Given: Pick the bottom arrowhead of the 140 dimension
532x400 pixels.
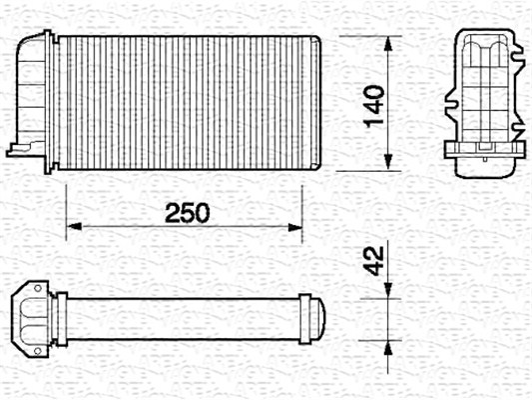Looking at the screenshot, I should (388, 162).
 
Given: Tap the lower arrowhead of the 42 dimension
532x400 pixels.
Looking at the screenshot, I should (388, 340).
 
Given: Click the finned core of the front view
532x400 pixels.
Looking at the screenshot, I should (185, 100).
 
